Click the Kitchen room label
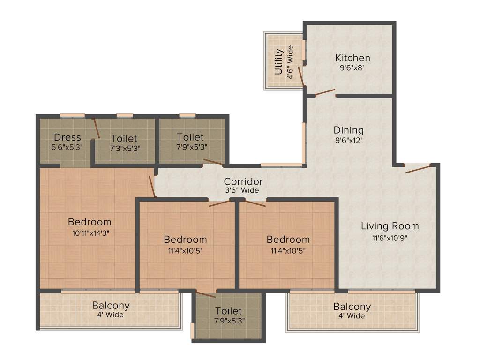point(352,58)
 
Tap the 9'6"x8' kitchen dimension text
point(352,67)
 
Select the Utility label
point(279,61)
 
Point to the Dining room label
point(348,130)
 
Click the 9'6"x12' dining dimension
point(348,139)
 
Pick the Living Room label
point(390,226)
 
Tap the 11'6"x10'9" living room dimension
point(390,237)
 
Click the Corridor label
point(243,181)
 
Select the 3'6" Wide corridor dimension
point(242,190)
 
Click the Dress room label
point(67,137)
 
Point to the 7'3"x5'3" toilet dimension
point(124,148)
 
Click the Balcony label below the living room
point(352,307)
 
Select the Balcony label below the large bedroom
point(111,306)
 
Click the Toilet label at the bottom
point(228,311)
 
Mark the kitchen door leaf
point(325,92)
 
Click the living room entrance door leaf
point(418,169)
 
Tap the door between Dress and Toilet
point(96,128)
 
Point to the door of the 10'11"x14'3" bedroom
point(152,187)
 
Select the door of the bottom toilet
point(206,295)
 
